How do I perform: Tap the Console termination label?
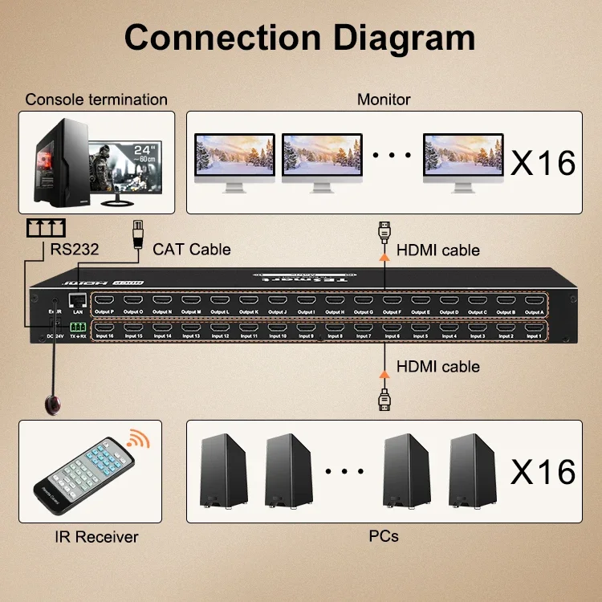[x=96, y=100]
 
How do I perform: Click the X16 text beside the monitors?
[x=543, y=162]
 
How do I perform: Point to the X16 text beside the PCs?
[x=543, y=471]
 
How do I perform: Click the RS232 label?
[x=74, y=250]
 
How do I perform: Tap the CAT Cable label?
[x=192, y=250]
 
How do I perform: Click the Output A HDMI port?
[x=534, y=304]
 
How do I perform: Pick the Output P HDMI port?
[x=106, y=304]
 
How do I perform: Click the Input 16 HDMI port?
[x=106, y=328]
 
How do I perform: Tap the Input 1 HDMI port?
[x=534, y=328]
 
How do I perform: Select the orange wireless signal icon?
[x=138, y=438]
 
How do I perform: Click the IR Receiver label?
[x=96, y=537]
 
